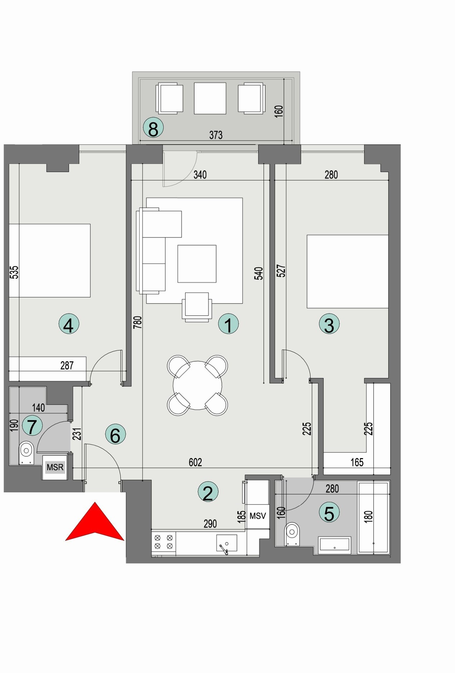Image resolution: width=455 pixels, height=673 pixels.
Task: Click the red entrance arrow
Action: pos(94,524)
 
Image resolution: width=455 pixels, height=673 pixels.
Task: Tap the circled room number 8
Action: pos(153,129)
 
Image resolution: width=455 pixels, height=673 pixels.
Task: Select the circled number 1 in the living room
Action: pos(228,324)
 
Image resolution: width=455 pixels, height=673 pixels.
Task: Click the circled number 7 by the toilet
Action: pos(32,426)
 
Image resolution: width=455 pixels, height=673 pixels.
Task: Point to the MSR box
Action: pos(55,467)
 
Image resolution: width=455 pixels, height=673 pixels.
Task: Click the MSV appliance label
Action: pos(258,516)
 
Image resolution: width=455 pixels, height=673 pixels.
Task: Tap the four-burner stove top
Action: pos(163,542)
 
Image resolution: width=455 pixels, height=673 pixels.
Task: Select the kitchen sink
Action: pos(226,543)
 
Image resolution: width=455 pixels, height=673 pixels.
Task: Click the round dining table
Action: pos(197,385)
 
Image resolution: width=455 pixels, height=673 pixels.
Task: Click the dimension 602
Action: pos(195,462)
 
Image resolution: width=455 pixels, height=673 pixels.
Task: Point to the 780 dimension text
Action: pos(138,322)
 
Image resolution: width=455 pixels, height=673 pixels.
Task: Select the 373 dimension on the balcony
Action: pos(216,135)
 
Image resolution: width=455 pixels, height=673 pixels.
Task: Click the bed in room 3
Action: pos(347,272)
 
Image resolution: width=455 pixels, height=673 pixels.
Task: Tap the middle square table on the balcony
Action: pos(210,98)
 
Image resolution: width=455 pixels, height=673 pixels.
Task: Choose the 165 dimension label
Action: pos(357,462)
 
